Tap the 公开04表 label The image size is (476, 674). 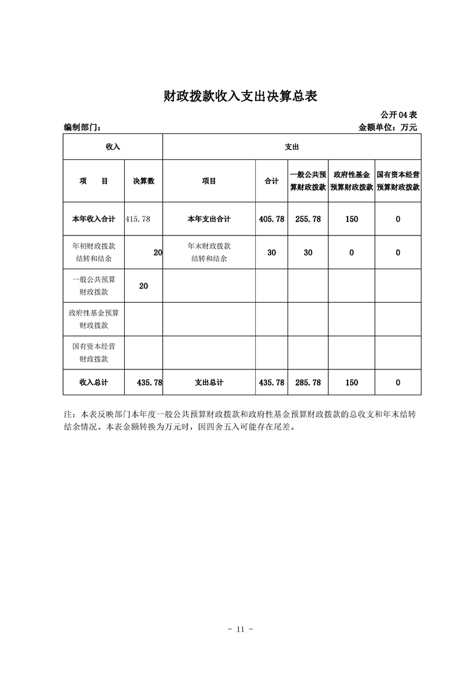[399, 114]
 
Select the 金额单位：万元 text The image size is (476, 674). [387, 127]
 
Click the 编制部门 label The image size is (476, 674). [82, 127]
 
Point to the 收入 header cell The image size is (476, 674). [113, 147]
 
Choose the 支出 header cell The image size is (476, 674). [292, 147]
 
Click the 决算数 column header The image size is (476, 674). [143, 181]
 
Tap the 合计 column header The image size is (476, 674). [271, 181]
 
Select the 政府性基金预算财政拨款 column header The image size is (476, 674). [352, 181]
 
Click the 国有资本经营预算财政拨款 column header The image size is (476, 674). [398, 181]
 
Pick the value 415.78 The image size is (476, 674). [137, 219]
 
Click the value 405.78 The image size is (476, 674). [271, 219]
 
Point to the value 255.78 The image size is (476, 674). [308, 219]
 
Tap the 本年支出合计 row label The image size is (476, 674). [209, 219]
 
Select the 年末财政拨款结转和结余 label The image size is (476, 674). [209, 252]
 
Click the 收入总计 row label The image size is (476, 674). [93, 382]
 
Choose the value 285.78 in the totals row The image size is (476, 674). [308, 382]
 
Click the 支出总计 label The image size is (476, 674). [209, 382]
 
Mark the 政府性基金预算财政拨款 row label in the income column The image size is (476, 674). [93, 319]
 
